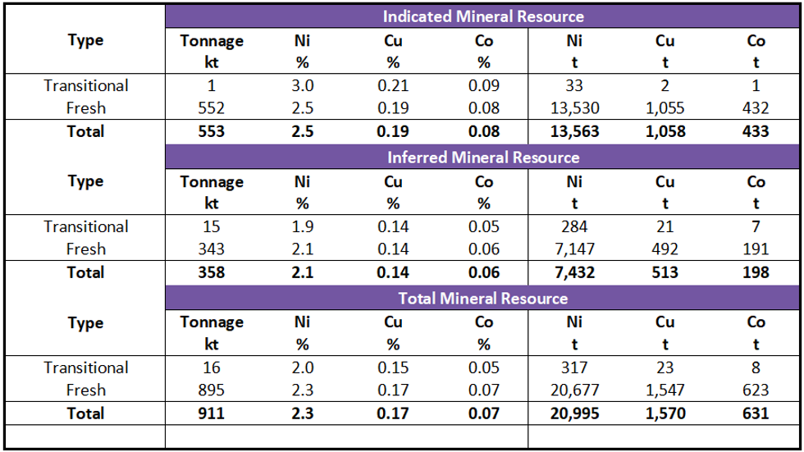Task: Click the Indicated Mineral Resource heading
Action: coord(483,16)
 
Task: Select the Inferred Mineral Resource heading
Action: coord(483,158)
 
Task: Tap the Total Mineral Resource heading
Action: coord(483,299)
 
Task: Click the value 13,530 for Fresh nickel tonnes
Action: coord(574,108)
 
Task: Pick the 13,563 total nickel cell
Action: coord(574,131)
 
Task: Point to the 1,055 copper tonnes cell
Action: coord(665,108)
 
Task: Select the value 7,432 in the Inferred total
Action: coord(574,272)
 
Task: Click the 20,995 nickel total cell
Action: coord(574,413)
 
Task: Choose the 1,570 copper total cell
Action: coord(665,413)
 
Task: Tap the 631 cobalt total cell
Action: coord(756,413)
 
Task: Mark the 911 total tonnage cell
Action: coord(212,413)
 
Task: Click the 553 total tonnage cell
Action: coord(212,131)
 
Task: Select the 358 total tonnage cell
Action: coord(212,272)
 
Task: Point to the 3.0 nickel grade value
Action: coord(303,85)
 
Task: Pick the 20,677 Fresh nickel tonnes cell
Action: coord(574,390)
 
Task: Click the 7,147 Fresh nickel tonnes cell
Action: coord(574,249)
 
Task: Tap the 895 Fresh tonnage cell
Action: coord(212,390)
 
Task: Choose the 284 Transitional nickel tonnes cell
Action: coord(574,226)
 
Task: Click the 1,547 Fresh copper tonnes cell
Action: coord(665,390)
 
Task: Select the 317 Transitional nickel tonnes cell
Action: coord(574,368)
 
